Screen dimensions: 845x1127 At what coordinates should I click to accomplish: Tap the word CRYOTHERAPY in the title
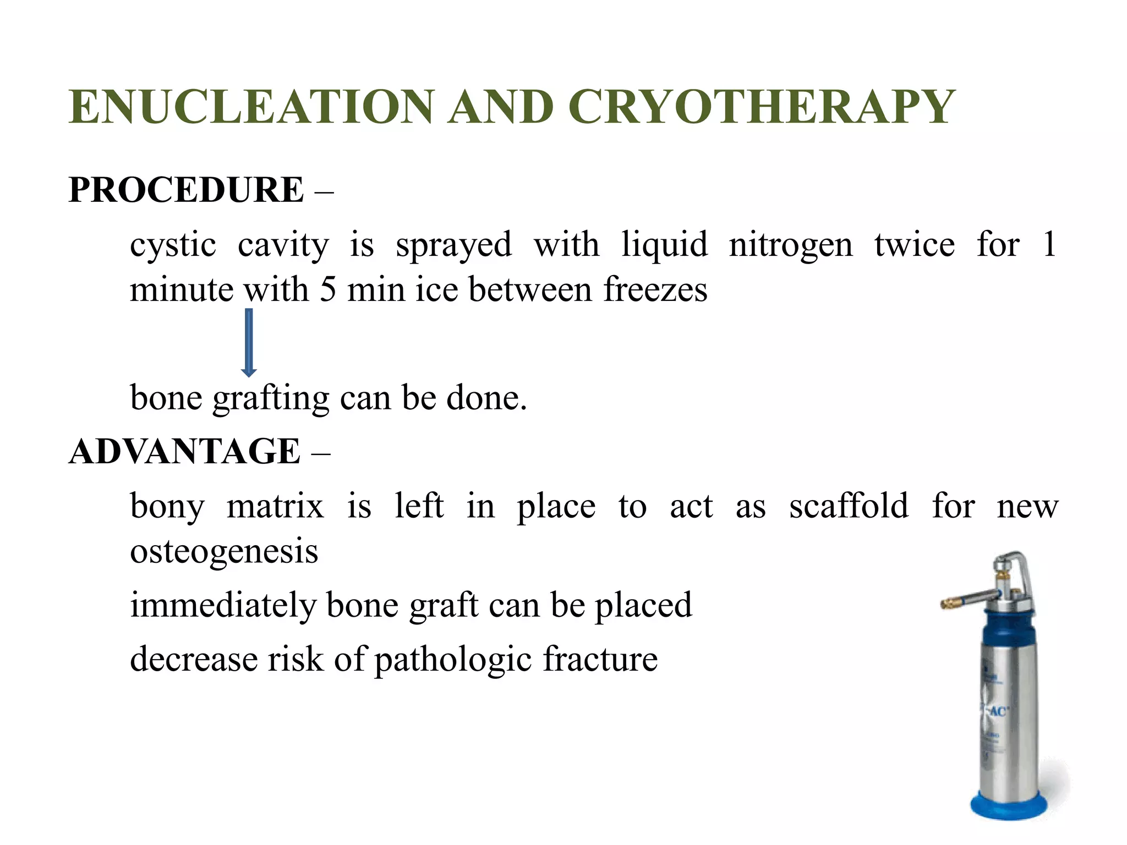click(761, 107)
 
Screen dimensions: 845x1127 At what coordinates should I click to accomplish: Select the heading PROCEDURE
click(186, 190)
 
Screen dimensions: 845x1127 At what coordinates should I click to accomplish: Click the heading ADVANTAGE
click(184, 452)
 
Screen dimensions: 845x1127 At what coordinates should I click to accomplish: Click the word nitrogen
click(790, 245)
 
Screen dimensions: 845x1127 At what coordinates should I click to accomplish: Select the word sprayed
click(453, 245)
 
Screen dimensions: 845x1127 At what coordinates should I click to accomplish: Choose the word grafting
click(271, 398)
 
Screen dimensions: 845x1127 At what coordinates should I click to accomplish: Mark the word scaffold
click(849, 506)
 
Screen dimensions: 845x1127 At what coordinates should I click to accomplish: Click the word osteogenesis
click(224, 551)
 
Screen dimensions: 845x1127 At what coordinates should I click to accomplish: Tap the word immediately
click(223, 605)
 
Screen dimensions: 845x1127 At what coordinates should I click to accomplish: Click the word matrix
click(275, 506)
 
